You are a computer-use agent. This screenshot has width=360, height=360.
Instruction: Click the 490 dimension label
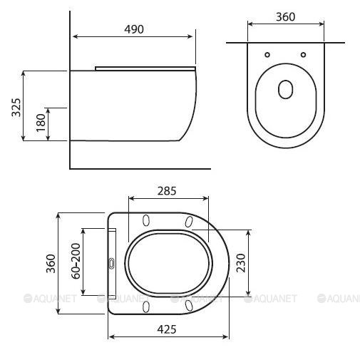(134, 29)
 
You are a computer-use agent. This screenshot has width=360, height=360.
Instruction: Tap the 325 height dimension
(16, 107)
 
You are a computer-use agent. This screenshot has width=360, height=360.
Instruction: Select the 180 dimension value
(41, 123)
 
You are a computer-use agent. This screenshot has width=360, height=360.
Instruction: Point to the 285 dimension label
(167, 191)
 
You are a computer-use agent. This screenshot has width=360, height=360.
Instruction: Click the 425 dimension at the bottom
(167, 329)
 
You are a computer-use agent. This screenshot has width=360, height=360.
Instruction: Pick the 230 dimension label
(241, 263)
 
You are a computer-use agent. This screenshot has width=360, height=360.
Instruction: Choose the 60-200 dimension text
(76, 261)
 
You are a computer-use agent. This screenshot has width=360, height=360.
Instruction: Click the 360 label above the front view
(286, 17)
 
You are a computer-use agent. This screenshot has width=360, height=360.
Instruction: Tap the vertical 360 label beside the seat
(51, 264)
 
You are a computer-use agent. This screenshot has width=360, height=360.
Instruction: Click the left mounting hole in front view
(267, 55)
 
